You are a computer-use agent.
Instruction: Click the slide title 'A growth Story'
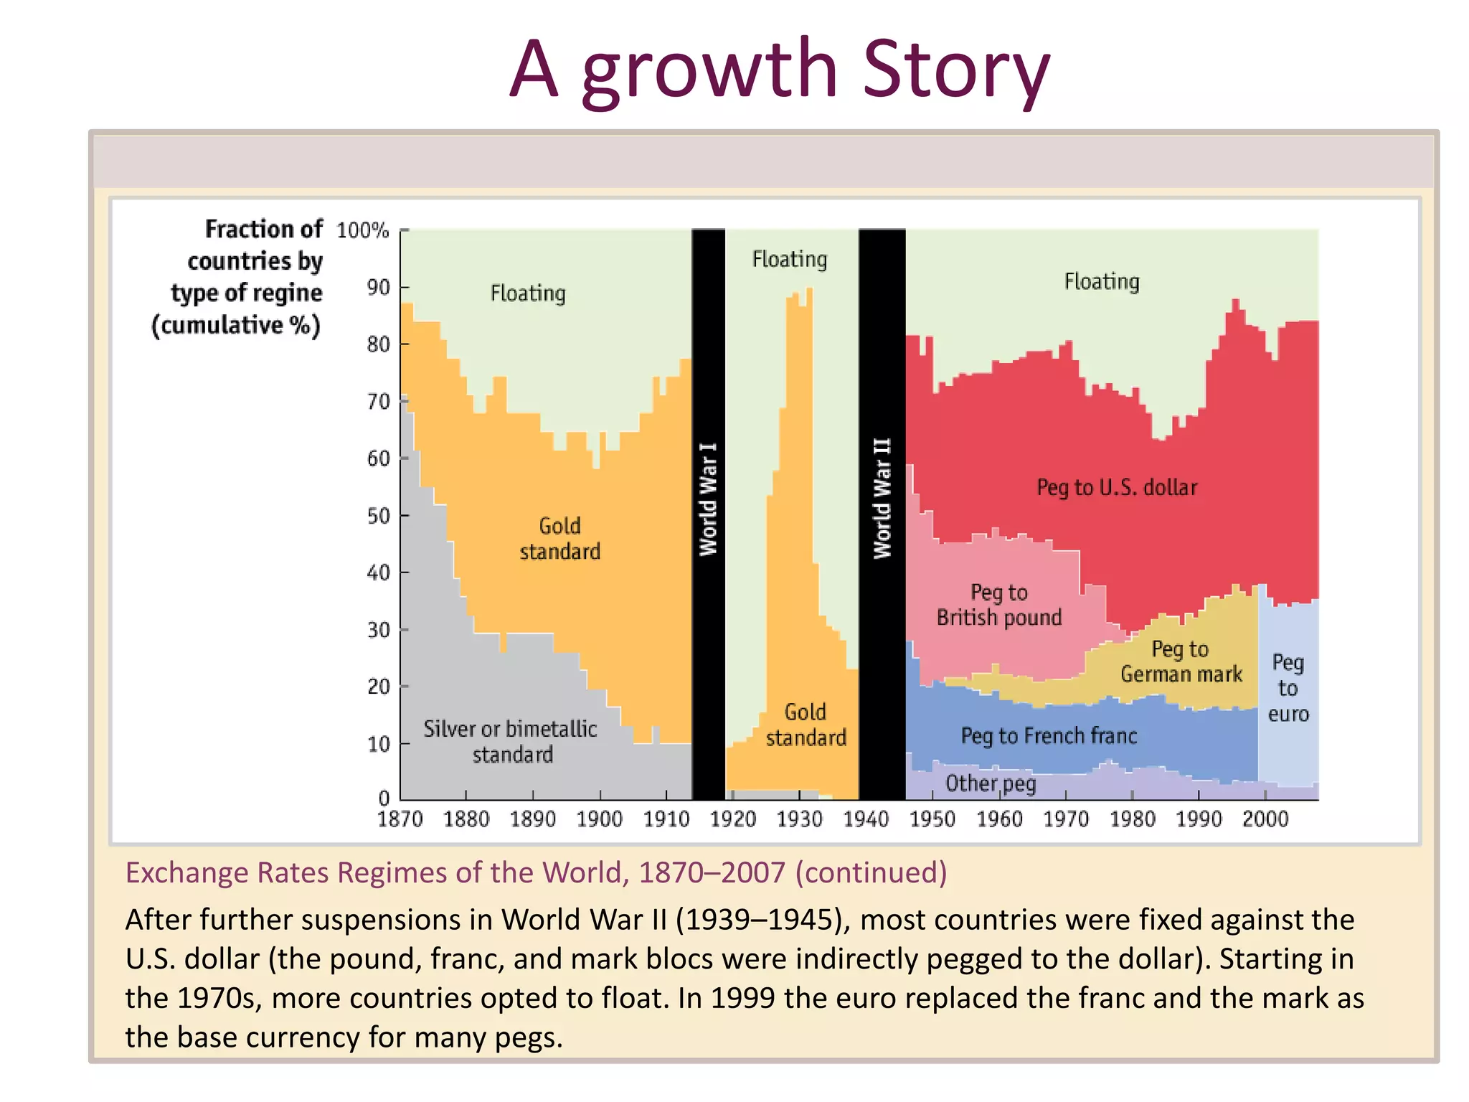(779, 70)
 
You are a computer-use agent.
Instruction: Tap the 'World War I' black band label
(708, 499)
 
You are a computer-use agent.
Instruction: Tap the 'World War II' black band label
(882, 498)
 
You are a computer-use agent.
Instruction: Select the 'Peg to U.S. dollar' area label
(1117, 488)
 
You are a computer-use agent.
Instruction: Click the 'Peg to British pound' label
(998, 605)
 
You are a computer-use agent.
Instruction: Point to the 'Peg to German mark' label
(1181, 661)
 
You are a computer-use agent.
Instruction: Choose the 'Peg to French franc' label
(1049, 736)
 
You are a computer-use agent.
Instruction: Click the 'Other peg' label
(991, 783)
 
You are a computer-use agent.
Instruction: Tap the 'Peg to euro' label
(1288, 688)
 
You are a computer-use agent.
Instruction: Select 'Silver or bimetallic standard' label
(511, 742)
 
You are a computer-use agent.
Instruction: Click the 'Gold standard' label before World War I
(560, 539)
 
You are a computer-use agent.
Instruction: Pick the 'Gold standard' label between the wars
(806, 725)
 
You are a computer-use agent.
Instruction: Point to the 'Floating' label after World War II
(1102, 281)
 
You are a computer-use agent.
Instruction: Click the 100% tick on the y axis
(363, 231)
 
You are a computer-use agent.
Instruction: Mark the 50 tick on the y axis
(378, 516)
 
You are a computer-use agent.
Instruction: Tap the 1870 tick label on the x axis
(400, 819)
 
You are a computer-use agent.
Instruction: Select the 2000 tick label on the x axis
(1265, 819)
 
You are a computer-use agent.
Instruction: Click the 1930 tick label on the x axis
(800, 819)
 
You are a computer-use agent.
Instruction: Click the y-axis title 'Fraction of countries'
(247, 277)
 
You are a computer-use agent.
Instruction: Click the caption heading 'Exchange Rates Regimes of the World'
(536, 873)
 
